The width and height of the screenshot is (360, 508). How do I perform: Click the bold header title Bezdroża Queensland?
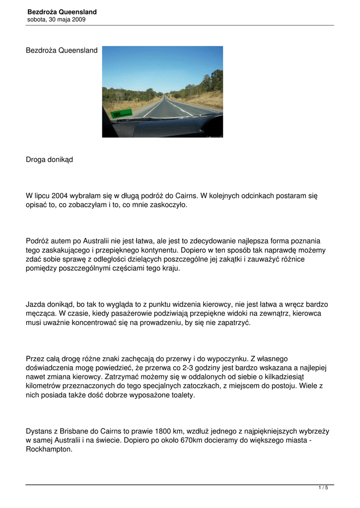click(62, 12)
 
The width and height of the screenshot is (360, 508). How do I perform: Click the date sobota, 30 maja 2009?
click(57, 20)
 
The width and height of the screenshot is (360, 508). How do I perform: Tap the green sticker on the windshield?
click(118, 114)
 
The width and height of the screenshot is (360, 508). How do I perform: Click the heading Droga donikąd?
click(49, 160)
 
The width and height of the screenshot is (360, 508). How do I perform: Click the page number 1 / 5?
click(323, 488)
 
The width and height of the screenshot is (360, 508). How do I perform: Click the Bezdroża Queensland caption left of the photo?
click(62, 51)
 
